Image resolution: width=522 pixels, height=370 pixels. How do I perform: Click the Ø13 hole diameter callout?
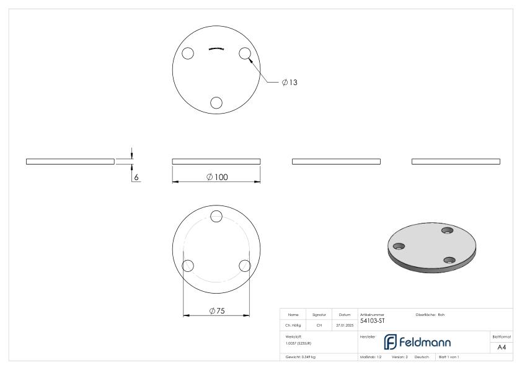click(x=290, y=83)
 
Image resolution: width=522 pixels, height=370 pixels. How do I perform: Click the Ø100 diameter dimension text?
click(x=216, y=177)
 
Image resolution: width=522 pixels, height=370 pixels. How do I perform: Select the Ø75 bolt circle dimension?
click(x=216, y=310)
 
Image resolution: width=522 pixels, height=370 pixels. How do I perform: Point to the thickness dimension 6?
click(x=137, y=177)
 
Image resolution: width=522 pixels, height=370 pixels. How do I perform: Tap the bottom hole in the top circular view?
click(x=216, y=102)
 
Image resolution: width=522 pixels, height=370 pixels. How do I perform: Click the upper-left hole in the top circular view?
click(x=188, y=53)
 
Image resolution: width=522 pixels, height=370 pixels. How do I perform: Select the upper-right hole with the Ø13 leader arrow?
click(x=244, y=53)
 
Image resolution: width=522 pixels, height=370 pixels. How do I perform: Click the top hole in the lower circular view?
click(x=216, y=216)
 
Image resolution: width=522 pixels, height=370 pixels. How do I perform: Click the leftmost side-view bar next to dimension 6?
click(x=70, y=161)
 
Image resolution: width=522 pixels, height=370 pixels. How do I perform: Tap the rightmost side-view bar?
click(x=456, y=161)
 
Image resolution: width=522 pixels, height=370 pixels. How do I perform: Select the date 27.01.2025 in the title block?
click(x=344, y=324)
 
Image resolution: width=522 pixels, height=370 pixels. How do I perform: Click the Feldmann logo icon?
click(x=391, y=342)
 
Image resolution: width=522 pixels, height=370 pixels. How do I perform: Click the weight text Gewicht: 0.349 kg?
click(x=301, y=358)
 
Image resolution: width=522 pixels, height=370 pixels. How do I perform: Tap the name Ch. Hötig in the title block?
click(x=293, y=324)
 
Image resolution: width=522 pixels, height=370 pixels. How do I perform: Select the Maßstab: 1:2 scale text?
click(x=370, y=358)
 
